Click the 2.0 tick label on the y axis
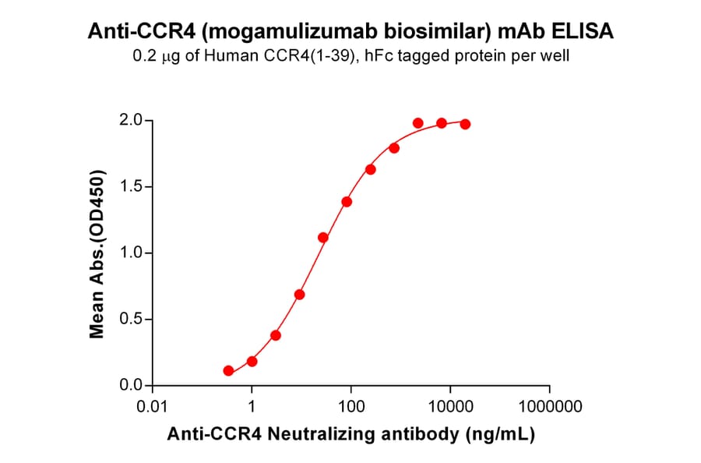[x=130, y=120]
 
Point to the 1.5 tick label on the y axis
[x=130, y=186]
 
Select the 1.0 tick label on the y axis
[x=130, y=253]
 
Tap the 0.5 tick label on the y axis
[x=130, y=320]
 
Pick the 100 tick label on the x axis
[x=351, y=407]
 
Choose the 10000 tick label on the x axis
[x=450, y=407]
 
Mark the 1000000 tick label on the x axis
[x=550, y=407]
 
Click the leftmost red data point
[x=228, y=371]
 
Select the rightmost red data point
[x=465, y=124]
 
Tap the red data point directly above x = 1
[x=252, y=361]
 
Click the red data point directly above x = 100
[x=347, y=202]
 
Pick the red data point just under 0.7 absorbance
[x=299, y=295]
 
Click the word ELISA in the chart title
[x=586, y=32]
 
